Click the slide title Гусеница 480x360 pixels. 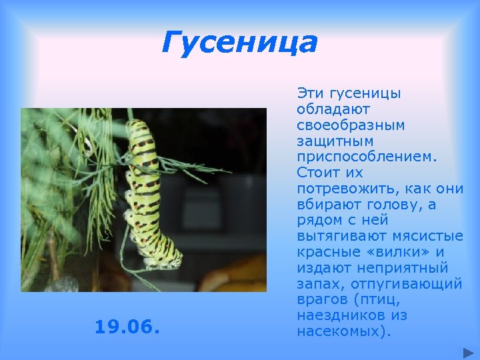pyautogui.click(x=239, y=43)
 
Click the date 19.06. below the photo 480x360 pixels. pyautogui.click(x=127, y=327)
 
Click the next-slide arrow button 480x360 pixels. pyautogui.click(x=465, y=351)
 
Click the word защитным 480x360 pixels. pyautogui.click(x=335, y=141)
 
